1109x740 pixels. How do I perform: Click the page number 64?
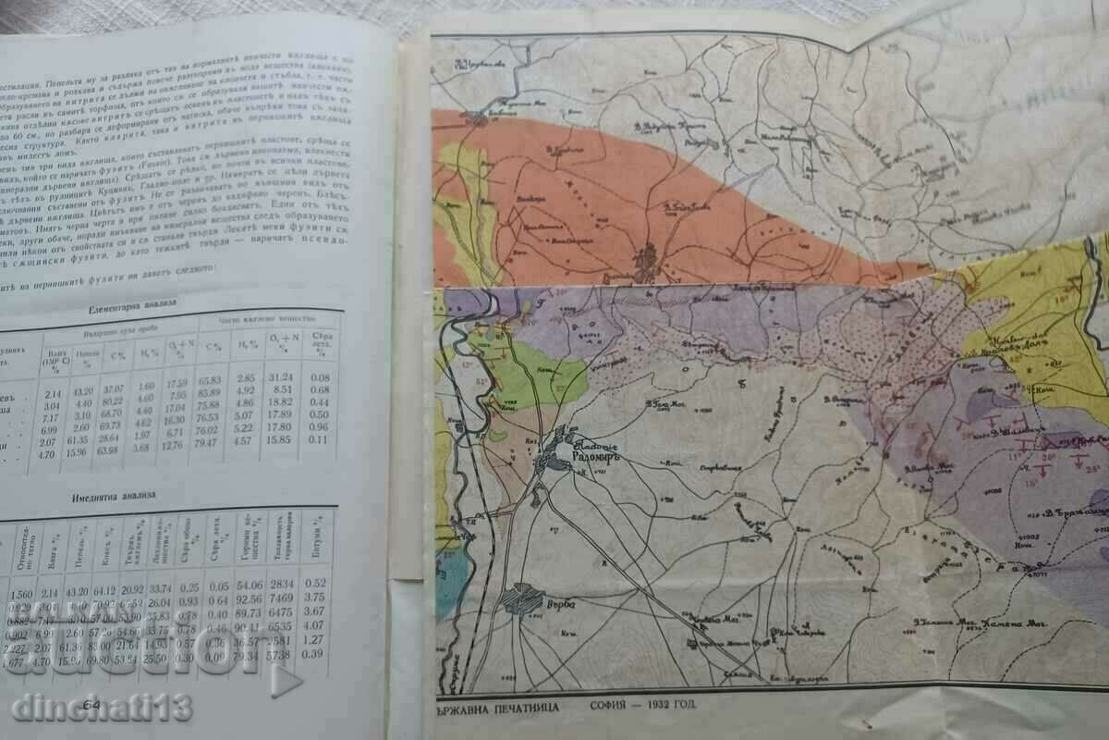(x=90, y=706)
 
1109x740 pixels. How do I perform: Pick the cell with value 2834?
(x=278, y=584)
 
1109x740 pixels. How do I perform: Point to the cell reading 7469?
(x=279, y=598)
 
